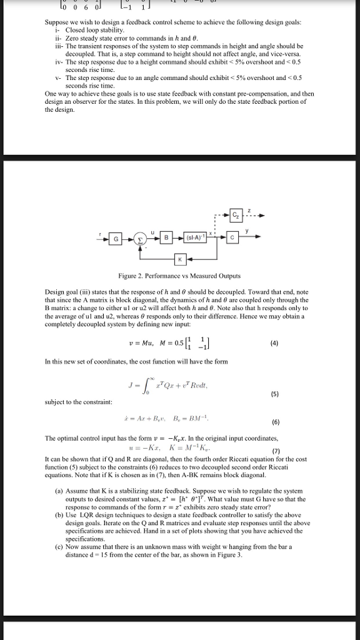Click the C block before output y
coord(232,239)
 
